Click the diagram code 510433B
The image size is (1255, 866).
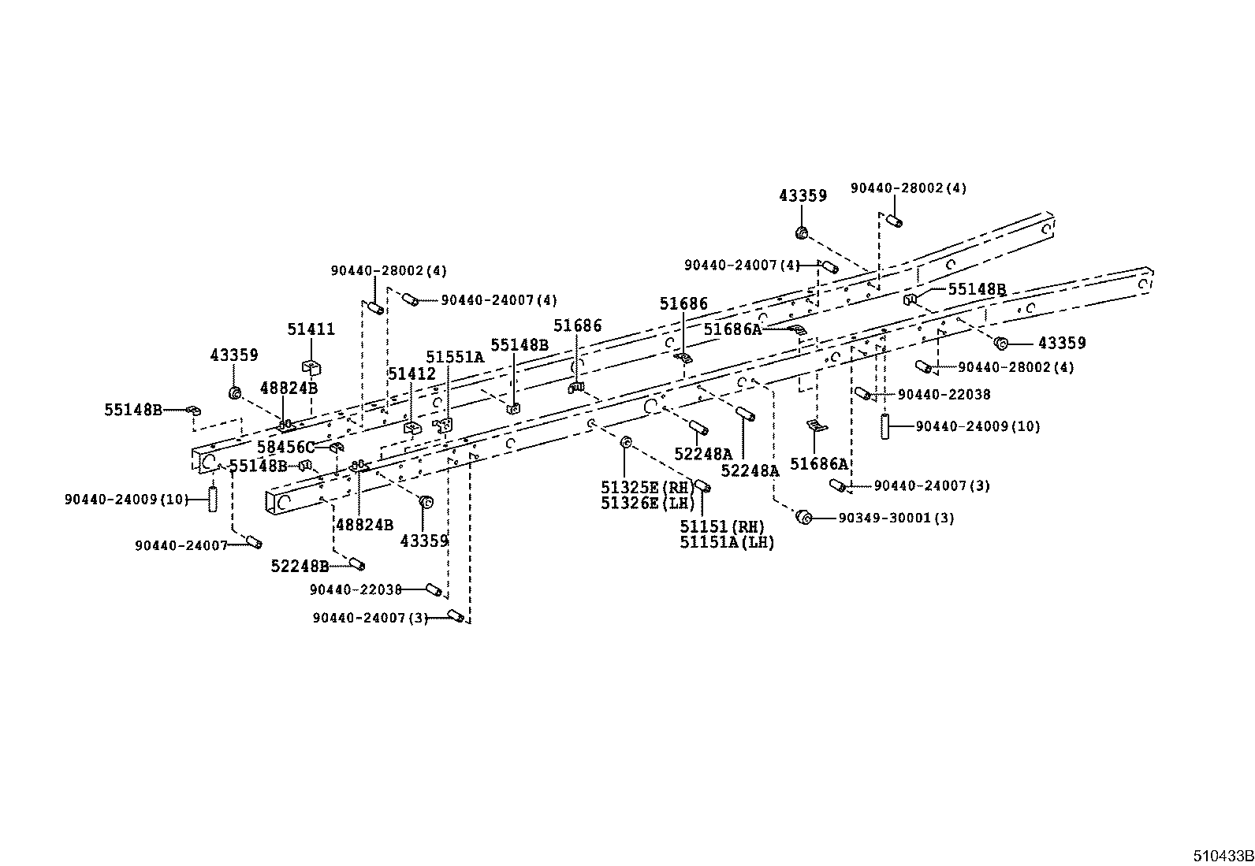click(x=1222, y=856)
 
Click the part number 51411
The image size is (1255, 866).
click(x=311, y=329)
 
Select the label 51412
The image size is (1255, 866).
click(x=412, y=374)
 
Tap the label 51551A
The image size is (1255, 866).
click(x=455, y=357)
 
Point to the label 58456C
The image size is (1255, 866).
click(x=285, y=448)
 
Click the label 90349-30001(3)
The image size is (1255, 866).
click(x=896, y=518)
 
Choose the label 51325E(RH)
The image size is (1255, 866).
click(x=646, y=487)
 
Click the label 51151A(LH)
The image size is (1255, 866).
click(x=727, y=542)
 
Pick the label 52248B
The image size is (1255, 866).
click(x=300, y=566)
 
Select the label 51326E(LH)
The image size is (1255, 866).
click(x=646, y=503)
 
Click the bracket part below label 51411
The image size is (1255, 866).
click(x=311, y=366)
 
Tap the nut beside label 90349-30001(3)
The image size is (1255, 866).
click(x=804, y=517)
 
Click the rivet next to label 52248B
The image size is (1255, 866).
click(x=356, y=564)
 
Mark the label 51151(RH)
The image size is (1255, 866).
click(x=722, y=526)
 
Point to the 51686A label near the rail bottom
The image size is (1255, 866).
click(x=819, y=464)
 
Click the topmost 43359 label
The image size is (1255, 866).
click(x=803, y=195)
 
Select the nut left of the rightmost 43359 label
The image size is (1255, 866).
click(x=1001, y=343)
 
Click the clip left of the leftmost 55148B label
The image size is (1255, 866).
click(x=192, y=410)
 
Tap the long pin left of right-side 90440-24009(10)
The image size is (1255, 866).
click(x=886, y=426)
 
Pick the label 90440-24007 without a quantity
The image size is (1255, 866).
click(x=181, y=545)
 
